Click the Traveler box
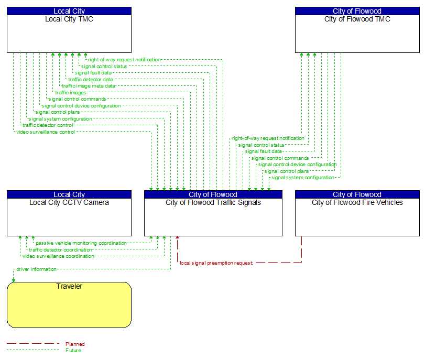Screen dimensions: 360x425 pos(69,304)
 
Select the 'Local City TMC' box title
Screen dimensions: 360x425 pos(69,19)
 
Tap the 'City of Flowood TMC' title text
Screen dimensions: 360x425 pos(357,19)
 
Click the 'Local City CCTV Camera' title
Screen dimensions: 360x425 pos(69,202)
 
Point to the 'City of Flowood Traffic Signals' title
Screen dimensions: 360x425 pos(213,202)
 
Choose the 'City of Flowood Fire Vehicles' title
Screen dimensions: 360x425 pos(357,202)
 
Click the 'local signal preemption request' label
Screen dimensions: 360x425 pos(216,263)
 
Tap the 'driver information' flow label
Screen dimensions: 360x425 pos(36,269)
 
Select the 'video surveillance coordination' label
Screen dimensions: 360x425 pos(58,256)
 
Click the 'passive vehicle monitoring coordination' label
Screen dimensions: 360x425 pos(81,243)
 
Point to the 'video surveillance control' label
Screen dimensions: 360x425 pos(46,132)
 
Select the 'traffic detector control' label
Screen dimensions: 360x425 pos(48,125)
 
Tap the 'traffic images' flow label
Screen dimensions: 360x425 pos(71,93)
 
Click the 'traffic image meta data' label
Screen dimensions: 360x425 pos(88,86)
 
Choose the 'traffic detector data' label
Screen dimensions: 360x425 pos(90,80)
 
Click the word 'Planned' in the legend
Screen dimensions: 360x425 pos(75,344)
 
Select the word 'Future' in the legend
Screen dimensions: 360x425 pos(73,350)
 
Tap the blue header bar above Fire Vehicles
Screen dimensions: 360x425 pos(357,194)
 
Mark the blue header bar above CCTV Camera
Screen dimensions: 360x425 pos(69,194)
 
